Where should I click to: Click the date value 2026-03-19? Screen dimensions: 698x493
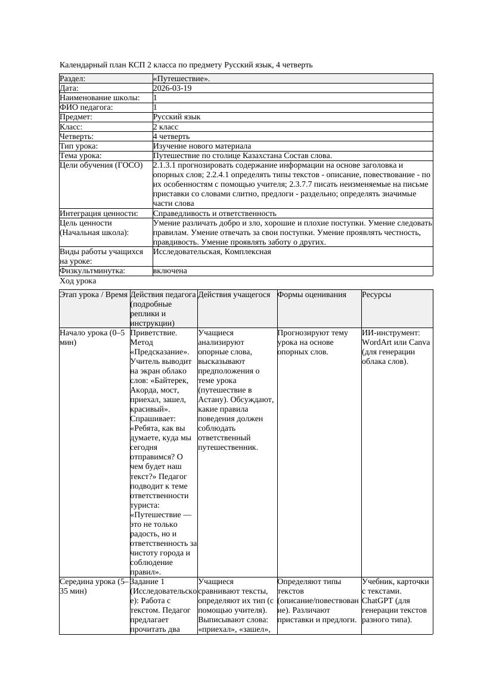tap(172, 88)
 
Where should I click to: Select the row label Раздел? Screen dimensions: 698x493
tap(73, 79)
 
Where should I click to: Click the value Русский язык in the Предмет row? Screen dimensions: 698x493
tap(177, 118)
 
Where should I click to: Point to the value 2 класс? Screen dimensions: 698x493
tap(166, 127)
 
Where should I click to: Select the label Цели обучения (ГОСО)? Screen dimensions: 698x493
tap(101, 165)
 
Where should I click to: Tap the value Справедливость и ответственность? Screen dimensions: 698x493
tap(215, 214)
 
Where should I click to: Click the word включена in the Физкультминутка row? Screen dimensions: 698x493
tap(170, 271)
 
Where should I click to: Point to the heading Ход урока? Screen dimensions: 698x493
tap(78, 281)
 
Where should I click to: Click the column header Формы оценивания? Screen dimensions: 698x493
tap(312, 295)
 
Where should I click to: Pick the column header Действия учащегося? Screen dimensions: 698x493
tap(234, 295)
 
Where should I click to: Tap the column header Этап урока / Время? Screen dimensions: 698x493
tap(94, 295)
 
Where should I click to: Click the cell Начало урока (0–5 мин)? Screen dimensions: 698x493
tap(92, 338)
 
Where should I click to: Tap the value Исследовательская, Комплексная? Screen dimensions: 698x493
tap(212, 252)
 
